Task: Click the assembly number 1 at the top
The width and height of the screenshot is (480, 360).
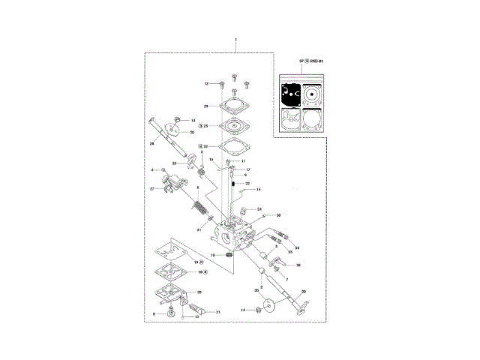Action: click(235, 38)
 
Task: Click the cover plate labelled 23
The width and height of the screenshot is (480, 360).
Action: click(233, 106)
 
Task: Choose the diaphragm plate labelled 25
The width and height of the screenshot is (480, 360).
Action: click(233, 126)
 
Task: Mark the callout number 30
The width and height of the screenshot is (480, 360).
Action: click(192, 132)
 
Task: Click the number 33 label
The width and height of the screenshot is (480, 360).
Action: click(174, 163)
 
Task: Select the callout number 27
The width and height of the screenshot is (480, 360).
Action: click(151, 189)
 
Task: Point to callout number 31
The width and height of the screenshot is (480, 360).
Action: click(200, 229)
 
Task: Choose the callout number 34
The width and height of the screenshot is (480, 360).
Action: click(297, 248)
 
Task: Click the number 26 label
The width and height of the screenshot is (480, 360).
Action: click(298, 265)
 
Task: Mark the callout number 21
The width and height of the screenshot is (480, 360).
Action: click(217, 311)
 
